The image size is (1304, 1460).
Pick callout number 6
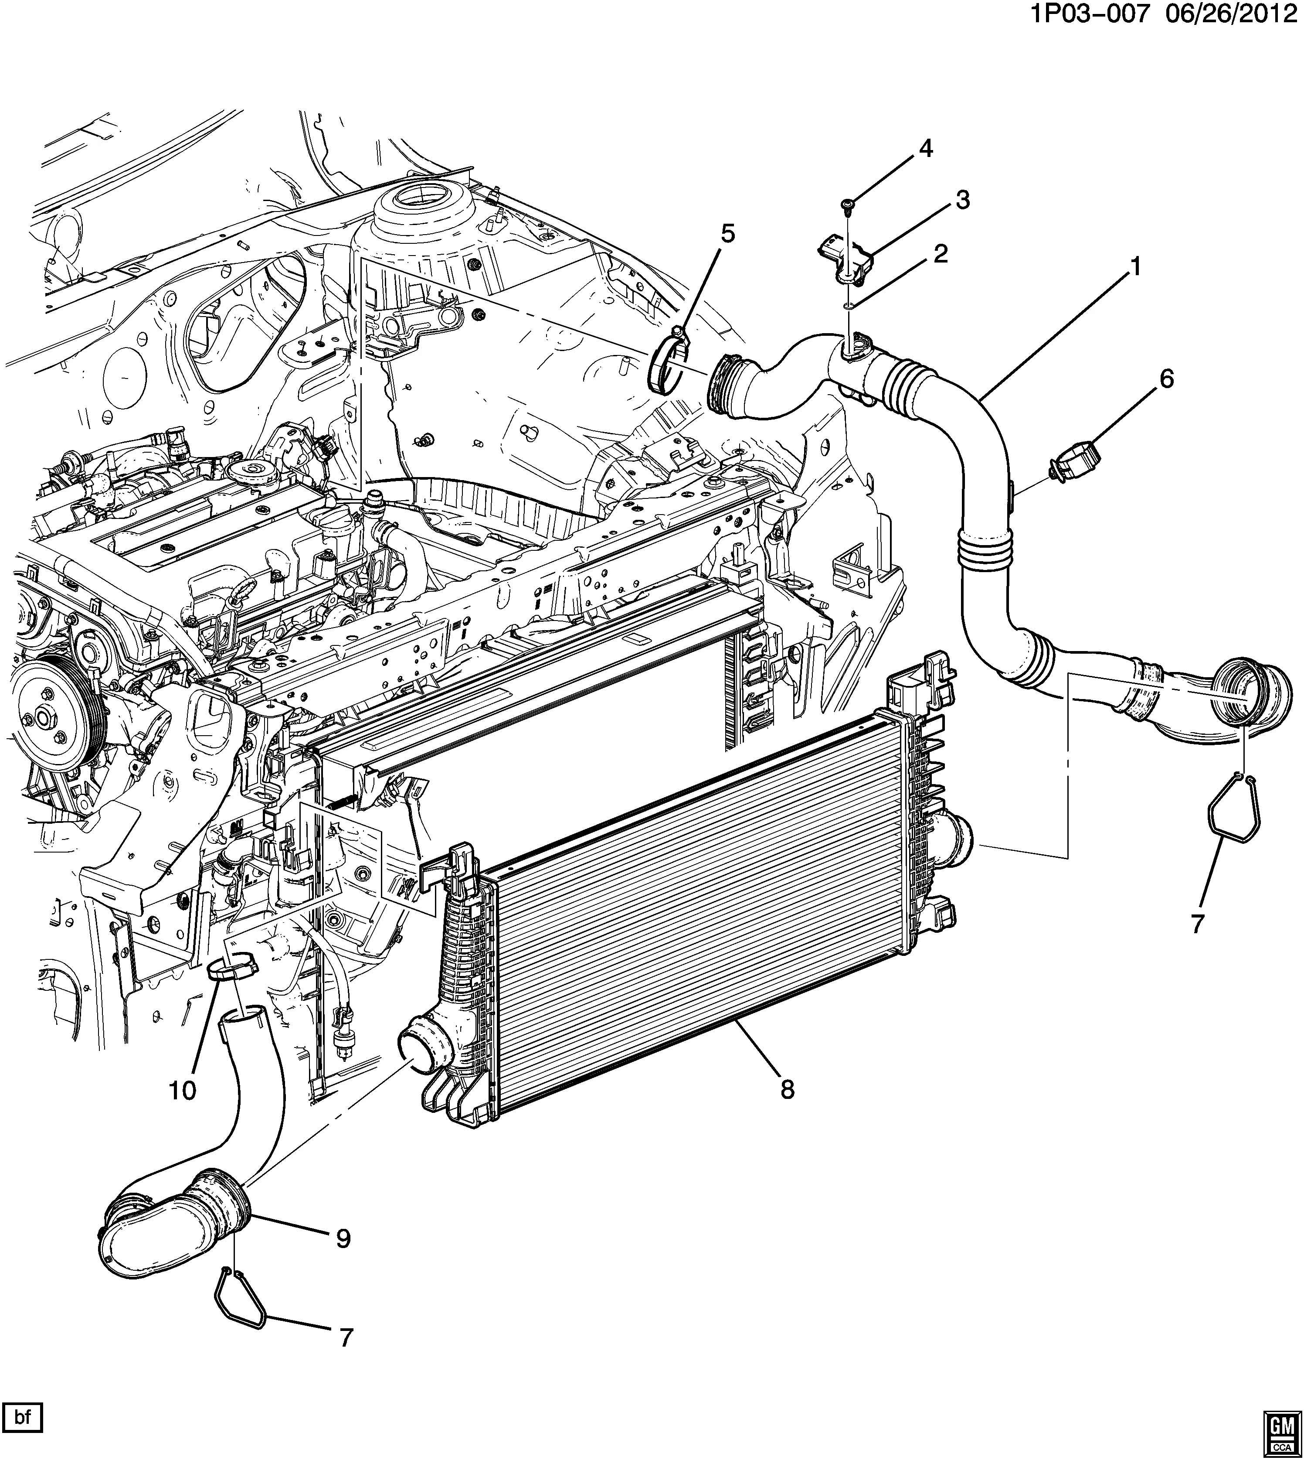pyautogui.click(x=1166, y=379)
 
